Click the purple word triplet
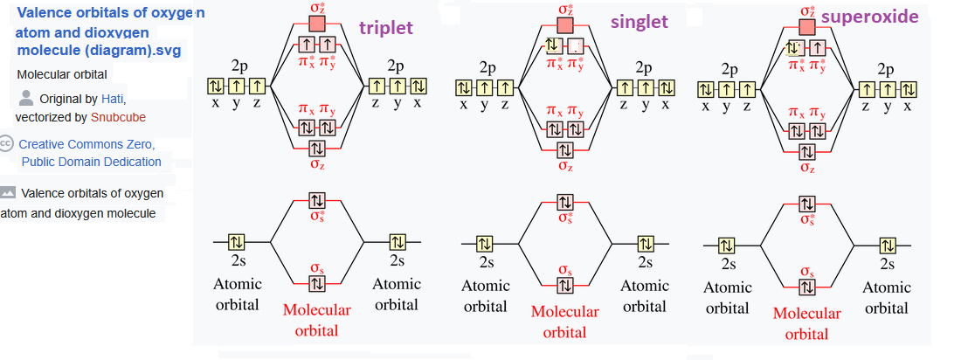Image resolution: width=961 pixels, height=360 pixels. pos(386,27)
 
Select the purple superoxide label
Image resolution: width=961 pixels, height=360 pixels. pos(882,17)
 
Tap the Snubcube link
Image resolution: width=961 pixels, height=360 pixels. pos(118,116)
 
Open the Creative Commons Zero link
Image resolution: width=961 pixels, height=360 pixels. pos(87,144)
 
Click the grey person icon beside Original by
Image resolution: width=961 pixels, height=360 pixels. pos(26,98)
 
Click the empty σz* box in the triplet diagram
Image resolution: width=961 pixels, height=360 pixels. pos(316,23)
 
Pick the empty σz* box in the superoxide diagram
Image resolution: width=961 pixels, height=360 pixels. pos(805,26)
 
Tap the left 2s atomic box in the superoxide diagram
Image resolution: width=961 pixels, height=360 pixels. pos(726,245)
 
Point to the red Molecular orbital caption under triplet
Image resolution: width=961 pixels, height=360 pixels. pos(316,320)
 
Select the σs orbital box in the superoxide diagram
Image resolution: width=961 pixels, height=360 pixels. pos(805,287)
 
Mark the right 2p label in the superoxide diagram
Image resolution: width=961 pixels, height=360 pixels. pos(886,70)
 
